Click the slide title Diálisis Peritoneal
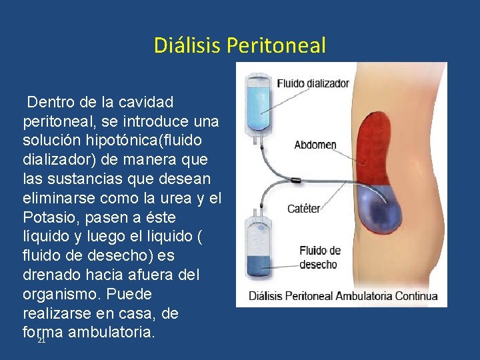point(240,45)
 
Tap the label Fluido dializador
point(313,84)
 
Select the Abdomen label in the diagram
point(315,145)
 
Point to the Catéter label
point(304,209)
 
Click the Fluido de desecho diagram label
point(320,257)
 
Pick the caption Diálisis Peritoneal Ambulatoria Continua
point(343,296)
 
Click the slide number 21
point(41,340)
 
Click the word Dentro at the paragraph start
point(51,103)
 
